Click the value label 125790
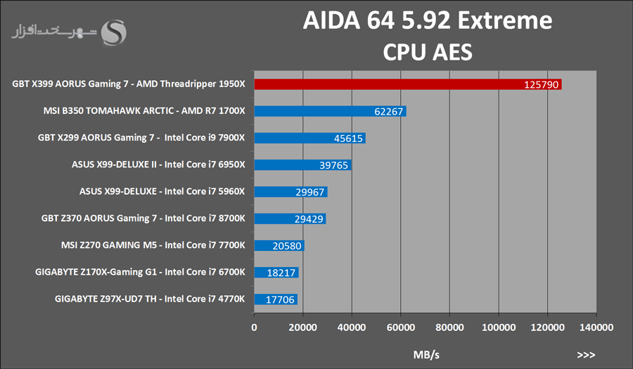click(x=541, y=84)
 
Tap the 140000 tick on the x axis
click(x=596, y=327)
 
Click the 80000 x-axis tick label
click(x=449, y=327)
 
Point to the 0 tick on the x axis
click(x=255, y=327)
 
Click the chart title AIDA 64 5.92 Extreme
click(x=427, y=21)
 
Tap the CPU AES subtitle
click(x=427, y=52)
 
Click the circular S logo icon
click(x=115, y=32)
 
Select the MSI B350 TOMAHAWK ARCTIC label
click(x=143, y=111)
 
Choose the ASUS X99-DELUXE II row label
click(x=158, y=165)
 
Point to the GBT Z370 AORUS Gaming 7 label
click(x=143, y=219)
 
